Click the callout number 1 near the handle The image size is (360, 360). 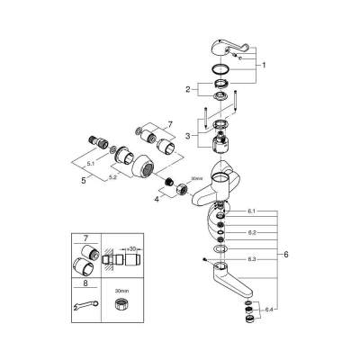tap(264, 65)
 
